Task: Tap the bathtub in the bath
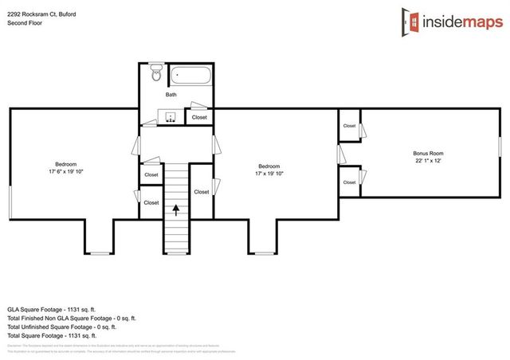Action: (x=191, y=77)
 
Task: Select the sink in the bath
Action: (x=171, y=117)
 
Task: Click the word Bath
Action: (x=171, y=95)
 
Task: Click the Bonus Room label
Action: (x=427, y=153)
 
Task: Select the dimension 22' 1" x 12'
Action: (x=427, y=161)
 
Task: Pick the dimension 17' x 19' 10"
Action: (x=268, y=174)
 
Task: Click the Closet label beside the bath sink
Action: (x=199, y=118)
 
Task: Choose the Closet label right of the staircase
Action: (x=201, y=192)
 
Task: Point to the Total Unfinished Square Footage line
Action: (x=62, y=327)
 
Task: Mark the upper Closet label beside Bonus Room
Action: (x=349, y=126)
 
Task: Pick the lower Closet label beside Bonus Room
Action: (x=349, y=182)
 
